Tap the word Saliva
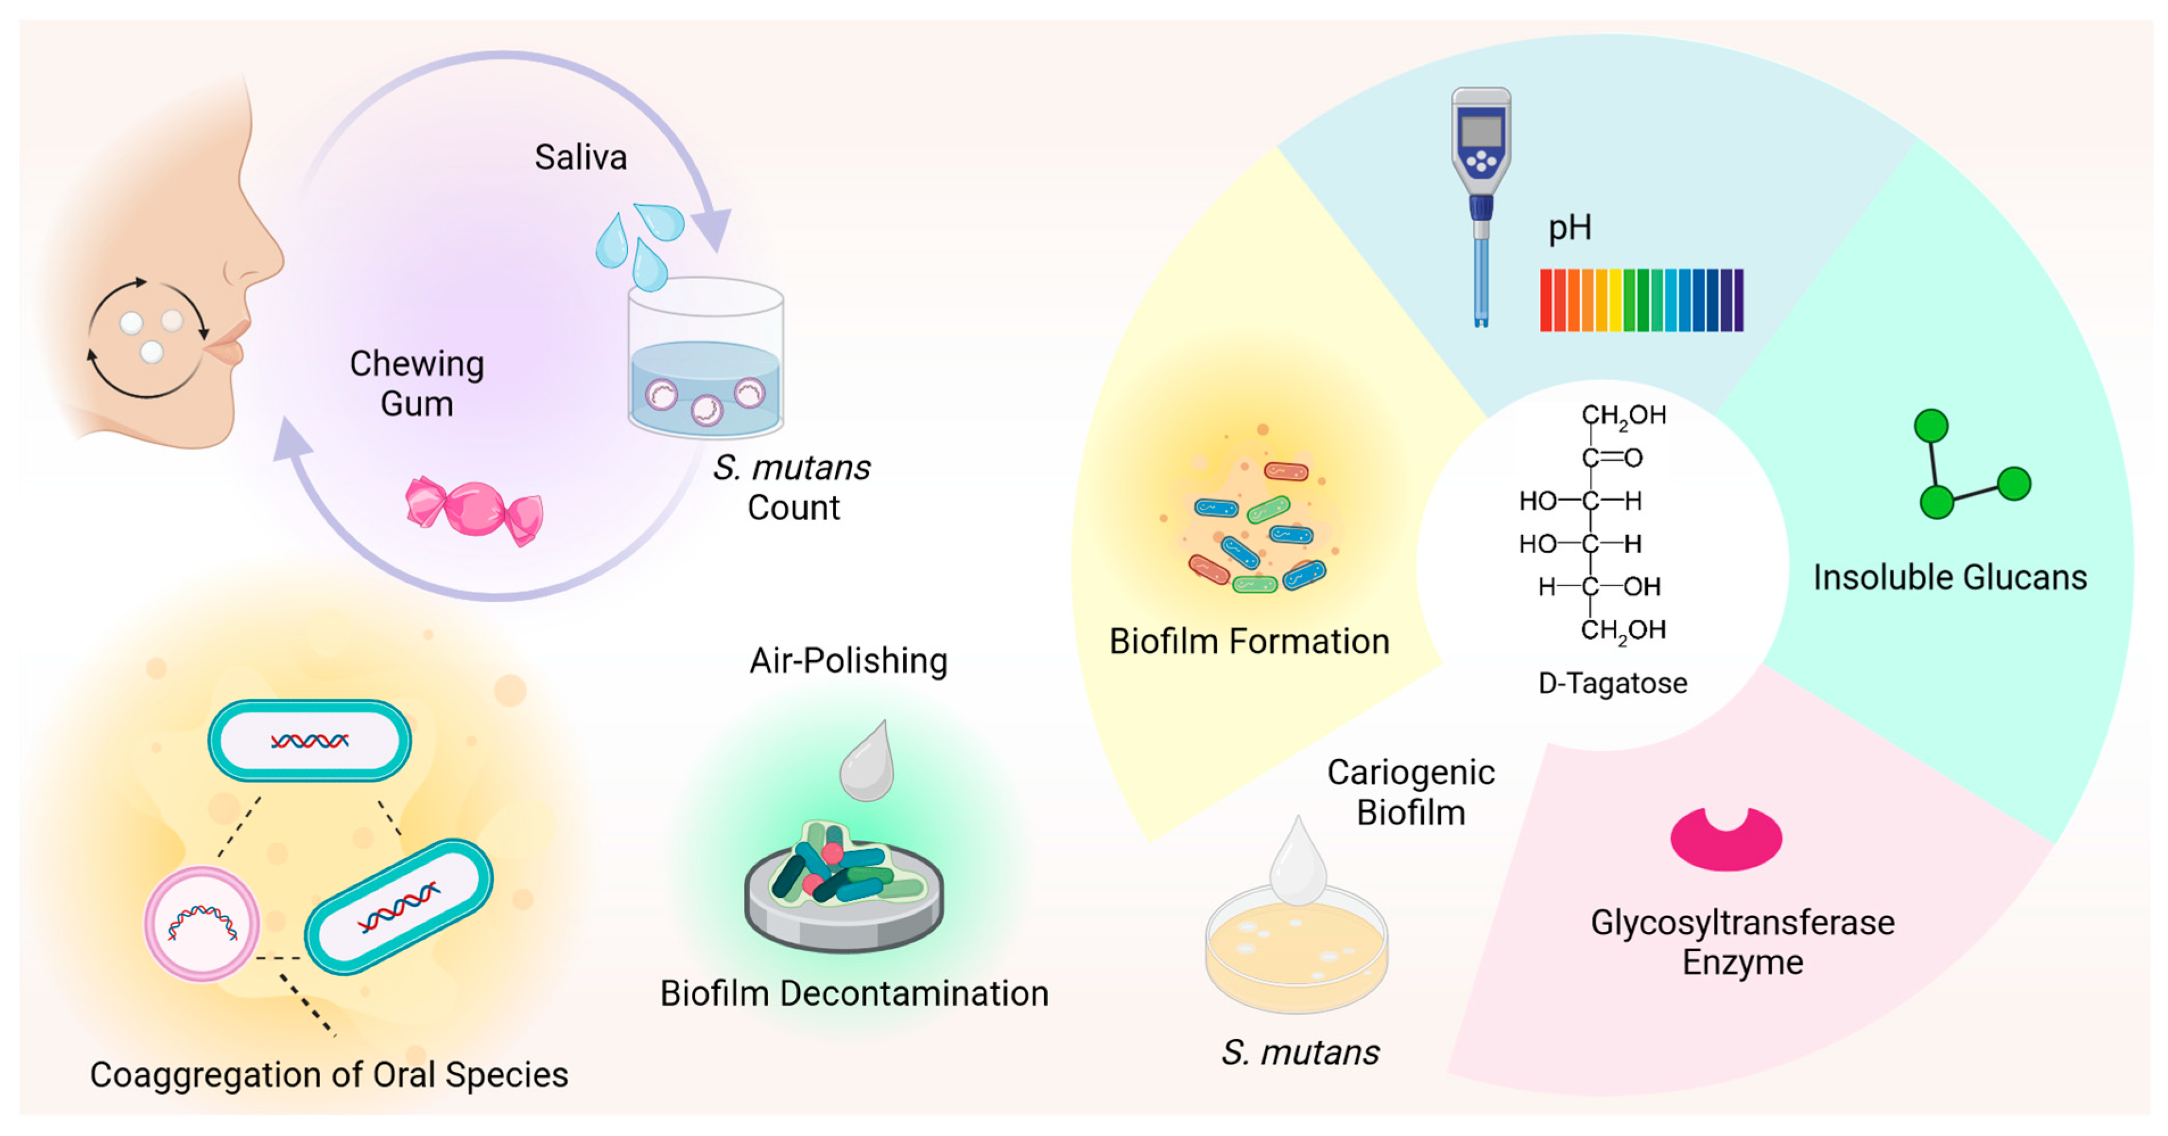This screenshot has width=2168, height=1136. point(581,157)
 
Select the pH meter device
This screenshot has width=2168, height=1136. point(1481,202)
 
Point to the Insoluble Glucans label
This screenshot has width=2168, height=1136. point(1949,578)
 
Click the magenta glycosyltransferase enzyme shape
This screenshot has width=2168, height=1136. point(1725,842)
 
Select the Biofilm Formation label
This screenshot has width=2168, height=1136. point(1249,642)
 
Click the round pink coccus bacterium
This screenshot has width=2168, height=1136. point(202,924)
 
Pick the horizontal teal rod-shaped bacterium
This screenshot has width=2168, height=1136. point(310,741)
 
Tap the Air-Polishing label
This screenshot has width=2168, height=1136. point(848,661)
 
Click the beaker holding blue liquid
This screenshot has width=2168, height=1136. point(705,362)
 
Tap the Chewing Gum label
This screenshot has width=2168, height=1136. point(417,384)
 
